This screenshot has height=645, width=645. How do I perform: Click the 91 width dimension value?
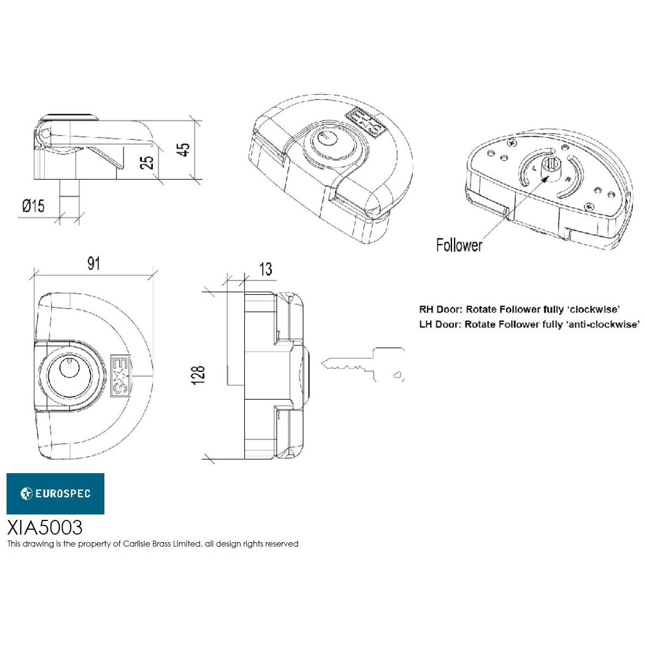[x=94, y=264]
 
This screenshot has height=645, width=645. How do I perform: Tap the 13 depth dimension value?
[x=265, y=269]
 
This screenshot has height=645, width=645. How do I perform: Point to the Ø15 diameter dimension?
[x=33, y=206]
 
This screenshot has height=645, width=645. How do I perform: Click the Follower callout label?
[x=458, y=245]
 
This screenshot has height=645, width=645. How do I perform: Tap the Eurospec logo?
[x=55, y=493]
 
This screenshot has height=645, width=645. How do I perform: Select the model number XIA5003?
[x=45, y=527]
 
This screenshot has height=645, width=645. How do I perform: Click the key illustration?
[x=363, y=364]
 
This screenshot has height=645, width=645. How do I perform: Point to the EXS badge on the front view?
[x=120, y=375]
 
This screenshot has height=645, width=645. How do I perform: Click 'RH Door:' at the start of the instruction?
[x=440, y=309]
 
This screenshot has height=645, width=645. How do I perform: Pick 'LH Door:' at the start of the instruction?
[x=439, y=324]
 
